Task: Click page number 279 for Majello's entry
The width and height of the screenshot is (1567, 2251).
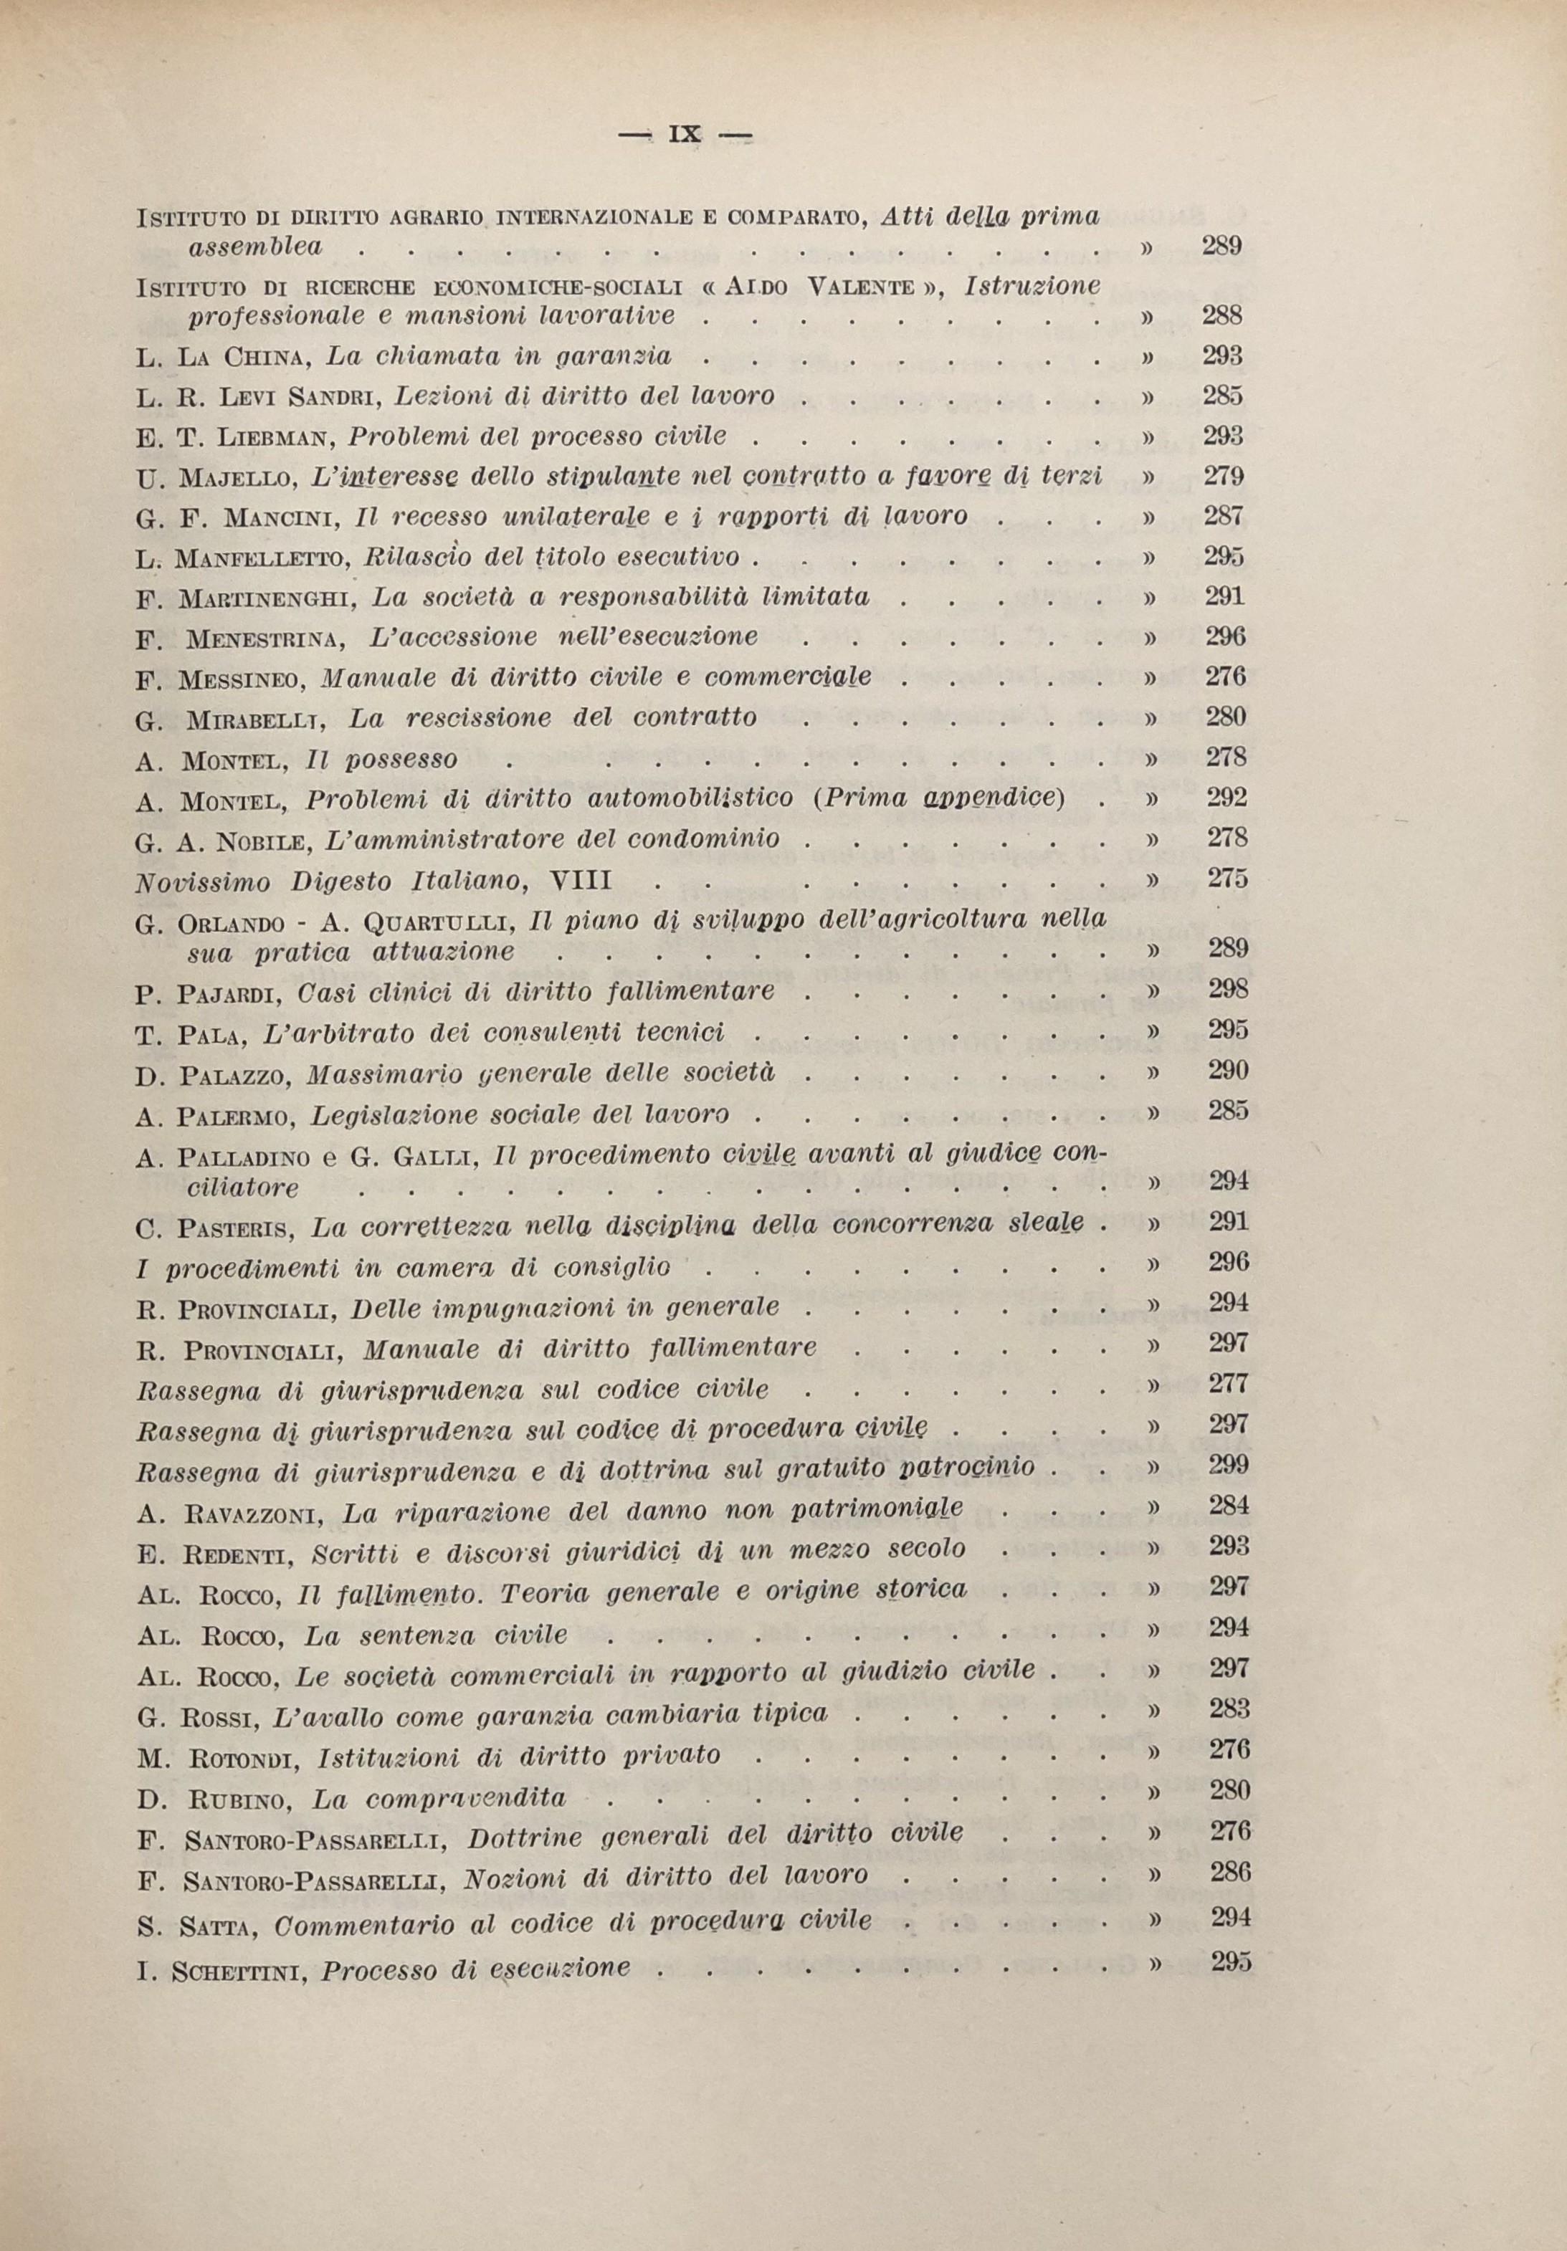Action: tap(1223, 477)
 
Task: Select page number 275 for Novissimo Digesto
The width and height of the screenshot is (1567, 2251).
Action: tap(1227, 879)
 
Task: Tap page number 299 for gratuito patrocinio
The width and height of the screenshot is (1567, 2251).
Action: tap(1229, 1465)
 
